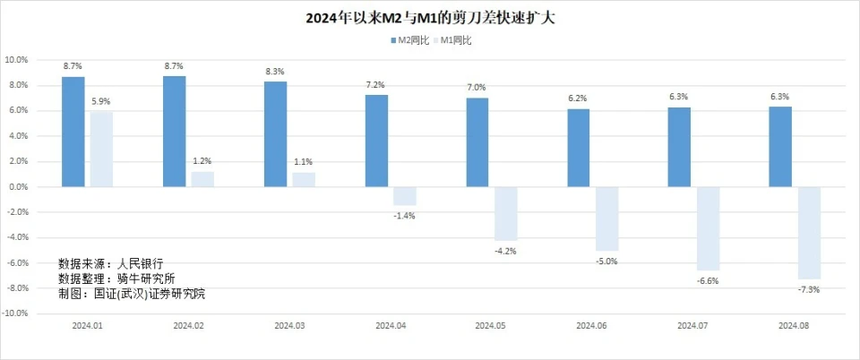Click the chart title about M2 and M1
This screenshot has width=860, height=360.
pyautogui.click(x=430, y=17)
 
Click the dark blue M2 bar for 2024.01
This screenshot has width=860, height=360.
pyautogui.click(x=73, y=132)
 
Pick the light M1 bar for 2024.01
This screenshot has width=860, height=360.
pyautogui.click(x=101, y=150)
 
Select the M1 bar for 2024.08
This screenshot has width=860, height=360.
pyautogui.click(x=809, y=233)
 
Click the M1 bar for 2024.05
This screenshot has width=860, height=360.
pyautogui.click(x=505, y=213)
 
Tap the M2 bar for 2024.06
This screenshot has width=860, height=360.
pyautogui.click(x=579, y=148)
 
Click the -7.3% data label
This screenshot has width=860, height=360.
pyautogui.click(x=809, y=289)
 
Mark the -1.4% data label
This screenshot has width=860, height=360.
pyautogui.click(x=404, y=215)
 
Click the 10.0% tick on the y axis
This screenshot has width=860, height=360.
pyautogui.click(x=17, y=60)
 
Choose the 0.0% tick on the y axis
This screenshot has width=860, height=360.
pyautogui.click(x=18, y=187)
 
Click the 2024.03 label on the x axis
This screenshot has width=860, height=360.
pyautogui.click(x=289, y=327)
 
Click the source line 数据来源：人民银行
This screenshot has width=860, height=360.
pyautogui.click(x=111, y=264)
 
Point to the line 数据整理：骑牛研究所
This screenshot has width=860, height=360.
pyautogui.click(x=116, y=279)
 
